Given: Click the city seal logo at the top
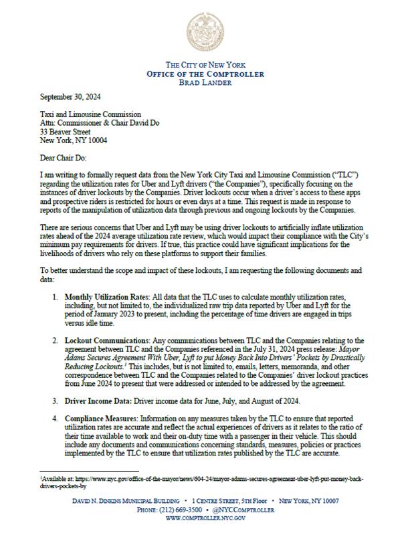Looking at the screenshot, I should (205, 31).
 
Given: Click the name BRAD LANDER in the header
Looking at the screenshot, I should (205, 82).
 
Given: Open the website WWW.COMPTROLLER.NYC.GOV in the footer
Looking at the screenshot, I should (205, 519).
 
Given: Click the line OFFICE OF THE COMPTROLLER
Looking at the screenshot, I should (205, 74).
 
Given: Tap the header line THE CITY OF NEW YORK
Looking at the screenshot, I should (205, 64).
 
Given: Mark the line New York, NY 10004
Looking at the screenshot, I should (69, 140).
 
